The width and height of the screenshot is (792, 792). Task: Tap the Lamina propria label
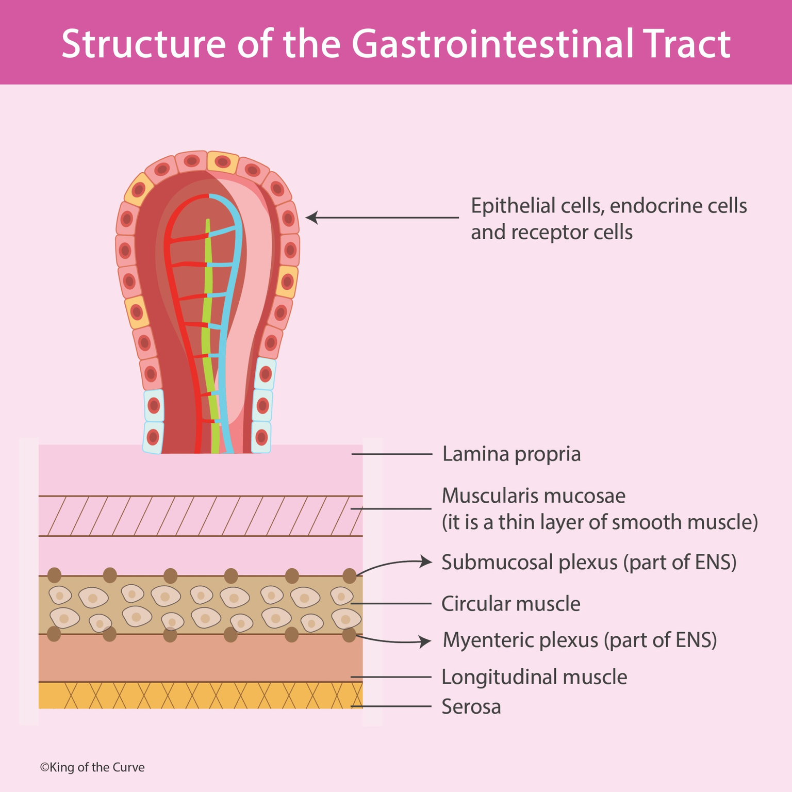tap(511, 454)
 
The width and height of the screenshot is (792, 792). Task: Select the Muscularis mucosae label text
tap(533, 496)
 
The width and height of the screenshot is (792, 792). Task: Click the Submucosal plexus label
tap(588, 562)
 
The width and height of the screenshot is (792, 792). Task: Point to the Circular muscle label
tap(510, 604)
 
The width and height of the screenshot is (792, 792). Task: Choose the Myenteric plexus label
tap(580, 640)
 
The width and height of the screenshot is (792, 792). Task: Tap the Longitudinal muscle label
tap(534, 677)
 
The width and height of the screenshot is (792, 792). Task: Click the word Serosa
tap(471, 706)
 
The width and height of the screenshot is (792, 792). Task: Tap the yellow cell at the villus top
tap(222, 162)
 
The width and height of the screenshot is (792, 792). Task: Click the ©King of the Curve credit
tap(92, 767)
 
